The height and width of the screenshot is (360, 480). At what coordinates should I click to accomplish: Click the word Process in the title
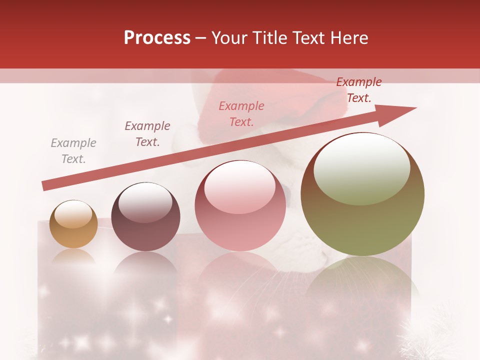tap(157, 38)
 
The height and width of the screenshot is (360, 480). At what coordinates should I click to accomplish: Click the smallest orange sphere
tap(73, 224)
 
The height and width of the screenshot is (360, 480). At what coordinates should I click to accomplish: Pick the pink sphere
tap(240, 205)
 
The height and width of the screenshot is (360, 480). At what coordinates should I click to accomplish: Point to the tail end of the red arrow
tap(45, 185)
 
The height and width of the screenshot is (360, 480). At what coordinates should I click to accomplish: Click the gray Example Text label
tap(73, 151)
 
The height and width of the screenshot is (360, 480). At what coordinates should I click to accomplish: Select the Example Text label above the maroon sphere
tap(147, 134)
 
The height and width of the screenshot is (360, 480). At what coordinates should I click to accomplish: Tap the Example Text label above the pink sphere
tap(241, 114)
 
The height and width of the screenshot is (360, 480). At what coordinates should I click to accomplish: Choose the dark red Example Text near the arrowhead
tap(359, 90)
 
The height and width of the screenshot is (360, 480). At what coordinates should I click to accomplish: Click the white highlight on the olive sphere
tap(362, 167)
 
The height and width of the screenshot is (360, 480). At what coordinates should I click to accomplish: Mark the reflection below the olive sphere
tap(362, 280)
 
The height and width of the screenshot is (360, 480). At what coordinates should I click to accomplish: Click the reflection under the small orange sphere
tap(73, 256)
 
